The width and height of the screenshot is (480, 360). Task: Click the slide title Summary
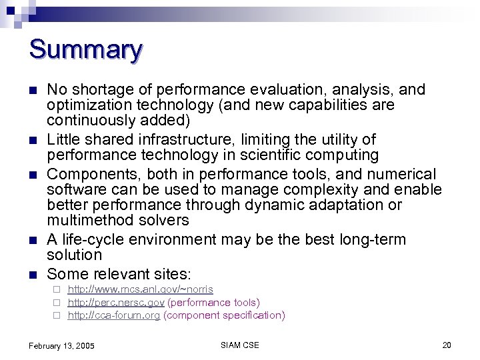pos(85,50)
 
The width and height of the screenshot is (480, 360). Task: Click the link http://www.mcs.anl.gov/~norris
pos(140,289)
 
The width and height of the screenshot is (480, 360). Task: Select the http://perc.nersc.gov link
pos(115,303)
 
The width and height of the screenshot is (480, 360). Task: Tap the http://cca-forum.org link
pos(114,315)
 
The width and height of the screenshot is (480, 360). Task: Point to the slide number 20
pos(447,345)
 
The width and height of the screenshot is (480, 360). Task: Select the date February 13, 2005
pos(62,345)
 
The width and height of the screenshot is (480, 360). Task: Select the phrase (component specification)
pos(224,315)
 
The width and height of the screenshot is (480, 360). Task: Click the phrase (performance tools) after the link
pos(213,303)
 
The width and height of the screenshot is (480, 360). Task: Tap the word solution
pos(74,255)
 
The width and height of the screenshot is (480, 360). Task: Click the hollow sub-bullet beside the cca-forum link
pos(57,315)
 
